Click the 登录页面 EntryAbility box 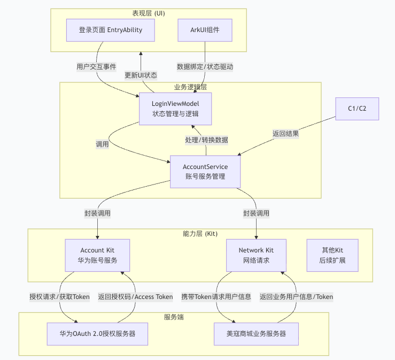(x=111, y=30)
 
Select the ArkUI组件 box (x=205, y=30)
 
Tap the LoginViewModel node (x=175, y=109)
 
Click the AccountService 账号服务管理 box (x=205, y=172)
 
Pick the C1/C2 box (x=357, y=109)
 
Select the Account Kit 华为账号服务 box (x=97, y=255)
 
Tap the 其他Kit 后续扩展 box (x=332, y=255)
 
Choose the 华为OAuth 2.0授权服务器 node (x=97, y=333)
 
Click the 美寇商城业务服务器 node (x=257, y=333)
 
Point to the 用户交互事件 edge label (x=96, y=67)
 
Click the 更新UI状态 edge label (x=141, y=75)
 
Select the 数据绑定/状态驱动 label (x=205, y=67)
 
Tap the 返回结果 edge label (x=285, y=134)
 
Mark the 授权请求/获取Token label (x=59, y=296)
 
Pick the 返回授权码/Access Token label (x=135, y=296)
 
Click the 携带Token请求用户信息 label (x=216, y=296)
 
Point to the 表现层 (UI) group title (x=149, y=13)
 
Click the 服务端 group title (x=174, y=317)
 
